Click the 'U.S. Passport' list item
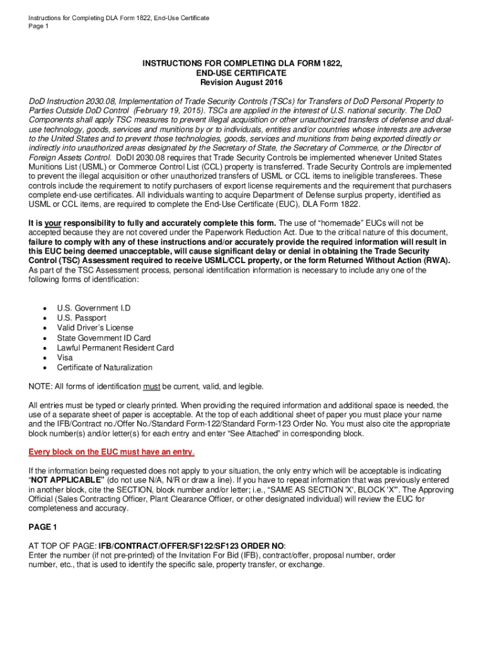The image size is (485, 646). (81, 318)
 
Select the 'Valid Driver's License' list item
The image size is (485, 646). (95, 328)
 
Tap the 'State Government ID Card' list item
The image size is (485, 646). (104, 338)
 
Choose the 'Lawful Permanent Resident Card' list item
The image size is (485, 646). (115, 348)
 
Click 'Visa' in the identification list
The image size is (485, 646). (65, 358)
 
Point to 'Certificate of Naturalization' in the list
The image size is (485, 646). (105, 368)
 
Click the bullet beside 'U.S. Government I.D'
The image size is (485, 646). (43, 308)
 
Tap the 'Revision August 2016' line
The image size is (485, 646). (242, 83)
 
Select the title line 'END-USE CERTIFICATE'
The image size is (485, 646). (242, 73)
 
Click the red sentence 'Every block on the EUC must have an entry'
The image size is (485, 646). (111, 452)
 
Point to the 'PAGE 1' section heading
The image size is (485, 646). (43, 527)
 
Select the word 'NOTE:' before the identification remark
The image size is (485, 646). (41, 386)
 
